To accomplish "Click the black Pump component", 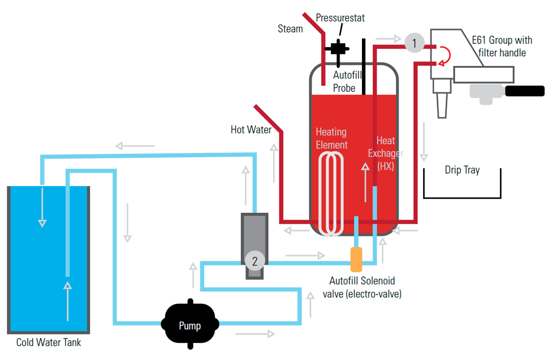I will (x=189, y=325).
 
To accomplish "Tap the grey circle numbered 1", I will (x=414, y=43).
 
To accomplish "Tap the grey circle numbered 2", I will (x=255, y=261).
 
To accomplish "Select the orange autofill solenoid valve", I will (x=356, y=259).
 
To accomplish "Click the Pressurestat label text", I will (x=340, y=18).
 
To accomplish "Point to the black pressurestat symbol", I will (x=338, y=48).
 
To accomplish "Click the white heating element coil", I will (x=332, y=192).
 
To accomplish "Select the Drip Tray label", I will (x=462, y=170).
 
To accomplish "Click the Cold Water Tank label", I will (x=48, y=342).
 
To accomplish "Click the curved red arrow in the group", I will (x=446, y=54).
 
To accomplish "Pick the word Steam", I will (x=291, y=29).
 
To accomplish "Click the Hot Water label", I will (x=251, y=130).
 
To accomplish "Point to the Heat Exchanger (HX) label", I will (x=386, y=154).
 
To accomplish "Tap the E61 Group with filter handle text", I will (x=502, y=46).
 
